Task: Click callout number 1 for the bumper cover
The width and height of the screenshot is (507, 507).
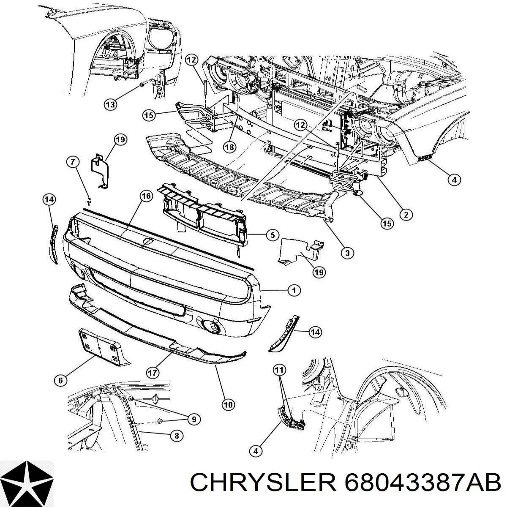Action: pyautogui.click(x=294, y=290)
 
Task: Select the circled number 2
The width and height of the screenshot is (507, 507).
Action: pyautogui.click(x=406, y=215)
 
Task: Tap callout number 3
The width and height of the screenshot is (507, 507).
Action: pyautogui.click(x=347, y=253)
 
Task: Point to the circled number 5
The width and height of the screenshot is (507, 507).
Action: pyautogui.click(x=273, y=234)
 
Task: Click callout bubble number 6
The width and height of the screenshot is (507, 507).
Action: pyautogui.click(x=60, y=380)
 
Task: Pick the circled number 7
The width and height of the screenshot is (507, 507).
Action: pyautogui.click(x=73, y=162)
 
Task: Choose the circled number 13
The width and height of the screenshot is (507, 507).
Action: pyautogui.click(x=110, y=104)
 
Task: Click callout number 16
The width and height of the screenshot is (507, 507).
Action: pyautogui.click(x=146, y=196)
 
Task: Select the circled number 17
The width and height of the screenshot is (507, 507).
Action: pyautogui.click(x=153, y=372)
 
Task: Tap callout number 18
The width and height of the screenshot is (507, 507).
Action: pyautogui.click(x=229, y=147)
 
